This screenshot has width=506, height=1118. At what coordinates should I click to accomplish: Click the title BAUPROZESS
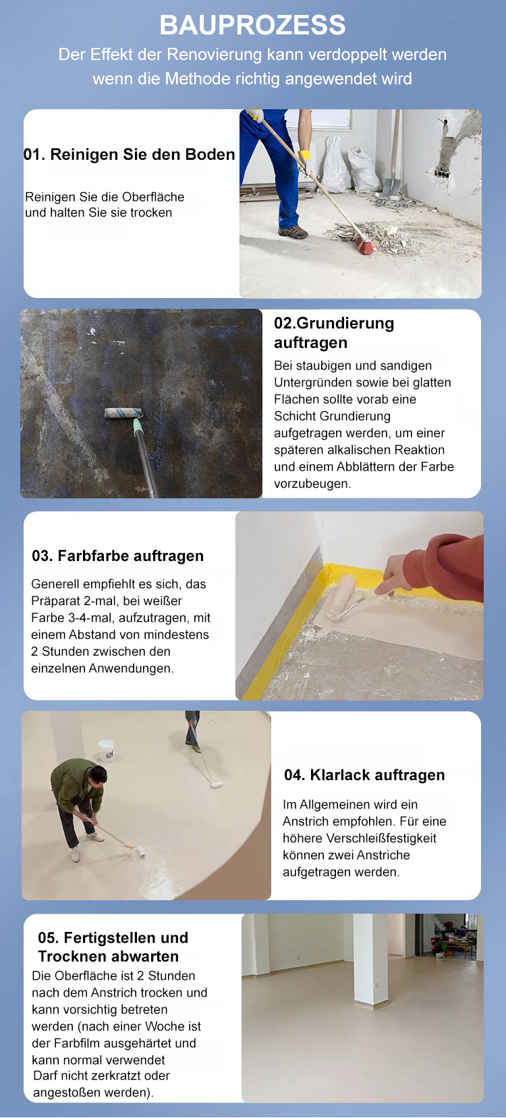(252, 25)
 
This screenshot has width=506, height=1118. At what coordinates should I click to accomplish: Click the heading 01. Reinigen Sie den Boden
(130, 154)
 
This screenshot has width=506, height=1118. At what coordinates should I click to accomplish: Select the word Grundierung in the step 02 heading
(345, 324)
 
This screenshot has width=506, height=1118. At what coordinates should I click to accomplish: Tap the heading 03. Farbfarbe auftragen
(118, 556)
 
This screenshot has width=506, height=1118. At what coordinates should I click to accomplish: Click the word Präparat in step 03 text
(55, 601)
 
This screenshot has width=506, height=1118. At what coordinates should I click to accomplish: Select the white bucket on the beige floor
(106, 750)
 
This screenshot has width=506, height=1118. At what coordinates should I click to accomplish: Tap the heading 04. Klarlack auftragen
(364, 775)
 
